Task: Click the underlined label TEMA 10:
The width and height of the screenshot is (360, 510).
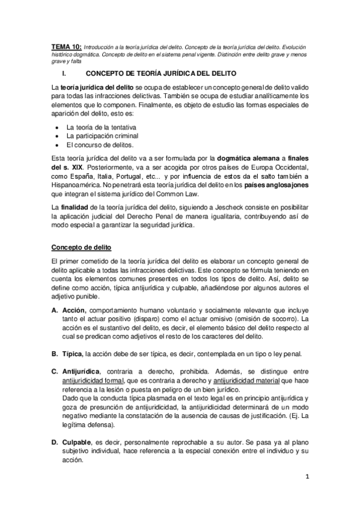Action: tap(65, 46)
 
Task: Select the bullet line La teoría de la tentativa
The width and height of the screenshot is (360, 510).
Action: tap(102, 127)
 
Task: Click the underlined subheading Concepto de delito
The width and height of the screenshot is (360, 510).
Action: tap(81, 247)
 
